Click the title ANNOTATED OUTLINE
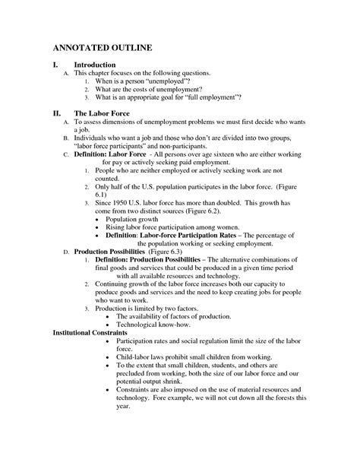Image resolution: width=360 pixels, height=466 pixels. pyautogui.click(x=103, y=48)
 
